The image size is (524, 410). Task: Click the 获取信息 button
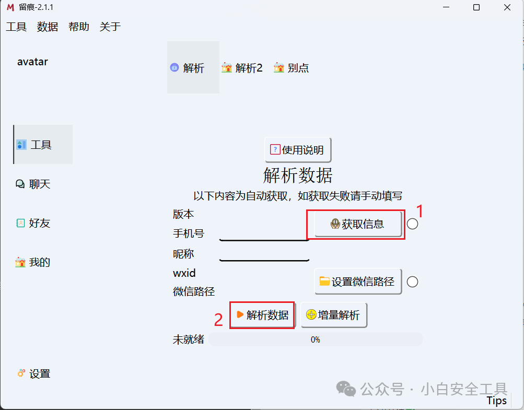(358, 224)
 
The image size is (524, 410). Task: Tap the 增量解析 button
(334, 315)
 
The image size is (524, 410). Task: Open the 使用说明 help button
(298, 150)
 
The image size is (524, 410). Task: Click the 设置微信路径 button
(358, 282)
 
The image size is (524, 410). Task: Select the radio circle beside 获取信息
(412, 224)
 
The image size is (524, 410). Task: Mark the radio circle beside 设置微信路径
(412, 282)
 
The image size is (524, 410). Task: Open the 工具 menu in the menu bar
(16, 27)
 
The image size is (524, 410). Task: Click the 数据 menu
(48, 27)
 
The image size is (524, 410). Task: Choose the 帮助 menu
(79, 27)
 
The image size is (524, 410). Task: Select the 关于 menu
(110, 27)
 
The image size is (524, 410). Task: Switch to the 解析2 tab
(242, 68)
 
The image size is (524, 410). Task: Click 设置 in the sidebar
(34, 373)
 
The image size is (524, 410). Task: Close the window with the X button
(507, 7)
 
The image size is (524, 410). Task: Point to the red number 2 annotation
(219, 319)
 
